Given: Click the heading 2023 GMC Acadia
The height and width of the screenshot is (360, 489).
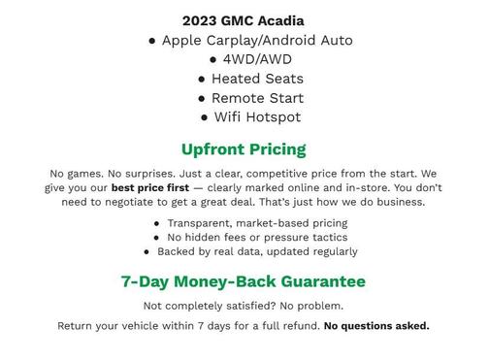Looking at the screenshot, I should pyautogui.click(x=243, y=20).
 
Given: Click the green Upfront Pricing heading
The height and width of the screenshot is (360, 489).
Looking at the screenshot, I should pyautogui.click(x=244, y=149).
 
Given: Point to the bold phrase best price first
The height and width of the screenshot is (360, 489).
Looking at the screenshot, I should pyautogui.click(x=149, y=187).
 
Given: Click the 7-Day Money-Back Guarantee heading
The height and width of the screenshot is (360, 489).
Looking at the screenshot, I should pyautogui.click(x=244, y=281).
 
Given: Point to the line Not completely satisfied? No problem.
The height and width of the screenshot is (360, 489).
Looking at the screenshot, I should pyautogui.click(x=244, y=307).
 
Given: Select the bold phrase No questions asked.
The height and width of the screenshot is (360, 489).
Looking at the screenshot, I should pyautogui.click(x=376, y=326).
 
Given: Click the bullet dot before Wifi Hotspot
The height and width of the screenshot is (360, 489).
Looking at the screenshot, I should pyautogui.click(x=205, y=118).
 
